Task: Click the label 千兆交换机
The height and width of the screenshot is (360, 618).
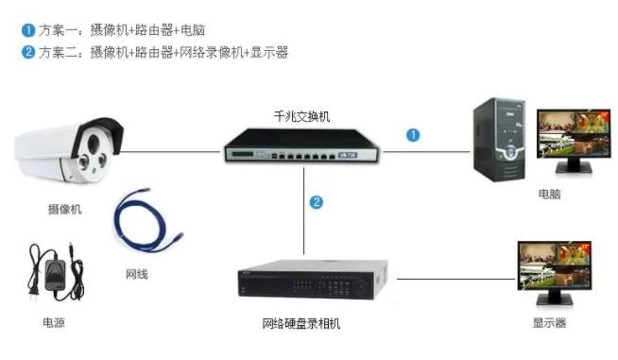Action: click(x=302, y=116)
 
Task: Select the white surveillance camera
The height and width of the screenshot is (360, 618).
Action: click(x=68, y=151)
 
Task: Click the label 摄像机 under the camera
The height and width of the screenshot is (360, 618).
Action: click(x=64, y=210)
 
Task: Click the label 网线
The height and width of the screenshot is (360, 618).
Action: click(x=137, y=274)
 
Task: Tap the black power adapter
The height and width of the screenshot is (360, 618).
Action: click(x=52, y=274)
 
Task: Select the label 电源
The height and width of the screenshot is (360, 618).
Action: click(x=54, y=322)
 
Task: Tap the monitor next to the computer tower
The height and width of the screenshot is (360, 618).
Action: click(x=568, y=140)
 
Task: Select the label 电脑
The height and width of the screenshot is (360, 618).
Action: click(x=549, y=194)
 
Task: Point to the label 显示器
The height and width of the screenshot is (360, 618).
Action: click(x=549, y=322)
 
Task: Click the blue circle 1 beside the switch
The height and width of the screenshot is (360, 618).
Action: click(x=413, y=135)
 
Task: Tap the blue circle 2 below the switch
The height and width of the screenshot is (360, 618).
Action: click(x=317, y=201)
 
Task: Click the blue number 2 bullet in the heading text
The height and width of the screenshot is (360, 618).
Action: click(x=27, y=52)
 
